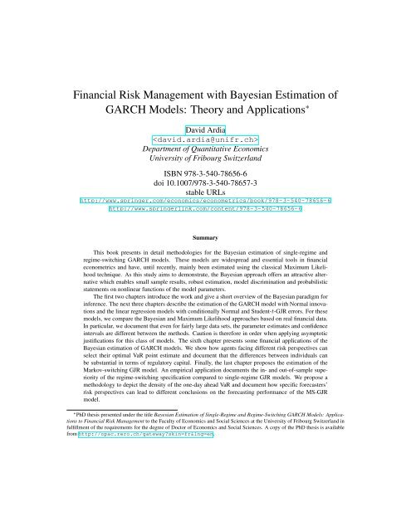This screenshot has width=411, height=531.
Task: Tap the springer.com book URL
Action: [x=205, y=201]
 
